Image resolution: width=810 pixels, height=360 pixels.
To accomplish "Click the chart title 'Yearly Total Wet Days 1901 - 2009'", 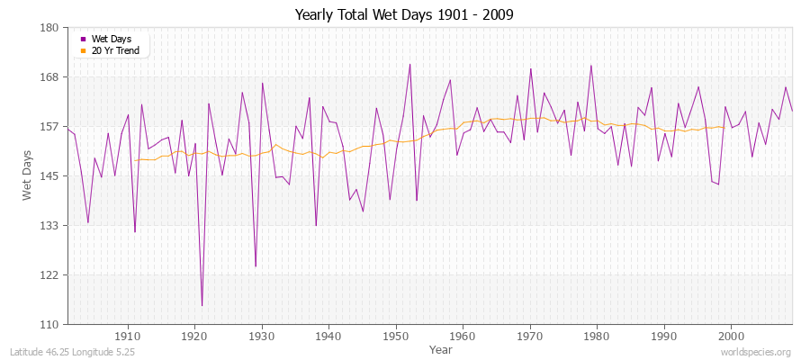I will click(404, 15).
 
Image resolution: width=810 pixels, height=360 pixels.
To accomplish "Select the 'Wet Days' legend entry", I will click(111, 39).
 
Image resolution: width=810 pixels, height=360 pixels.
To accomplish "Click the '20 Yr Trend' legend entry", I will click(115, 51).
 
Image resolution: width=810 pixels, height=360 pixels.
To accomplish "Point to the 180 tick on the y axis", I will click(49, 28).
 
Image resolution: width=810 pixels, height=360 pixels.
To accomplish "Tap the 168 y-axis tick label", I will click(49, 77).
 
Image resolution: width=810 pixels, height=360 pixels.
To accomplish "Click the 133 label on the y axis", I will click(49, 225).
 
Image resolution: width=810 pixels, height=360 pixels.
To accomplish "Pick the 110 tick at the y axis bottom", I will click(49, 324).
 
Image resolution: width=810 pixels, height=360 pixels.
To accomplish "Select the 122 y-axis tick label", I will click(49, 274).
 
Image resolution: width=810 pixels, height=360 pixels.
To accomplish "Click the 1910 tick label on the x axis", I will click(128, 336).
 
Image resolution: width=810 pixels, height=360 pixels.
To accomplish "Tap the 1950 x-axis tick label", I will click(396, 336).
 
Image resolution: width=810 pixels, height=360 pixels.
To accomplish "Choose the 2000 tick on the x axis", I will click(731, 336).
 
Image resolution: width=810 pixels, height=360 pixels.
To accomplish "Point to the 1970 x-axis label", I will click(530, 336).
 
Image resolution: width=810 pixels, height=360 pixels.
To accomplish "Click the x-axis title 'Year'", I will click(441, 348).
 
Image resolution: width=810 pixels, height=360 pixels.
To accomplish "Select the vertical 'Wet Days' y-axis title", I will click(28, 175).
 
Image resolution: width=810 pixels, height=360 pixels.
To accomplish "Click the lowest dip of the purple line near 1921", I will click(202, 306).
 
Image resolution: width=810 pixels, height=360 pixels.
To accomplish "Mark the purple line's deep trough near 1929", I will click(256, 266).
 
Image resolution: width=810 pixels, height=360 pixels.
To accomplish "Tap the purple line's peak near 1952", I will click(409, 64).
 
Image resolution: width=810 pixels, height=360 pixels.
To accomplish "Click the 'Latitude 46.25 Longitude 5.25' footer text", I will click(72, 352).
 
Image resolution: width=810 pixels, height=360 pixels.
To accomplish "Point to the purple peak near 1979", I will click(590, 65).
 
